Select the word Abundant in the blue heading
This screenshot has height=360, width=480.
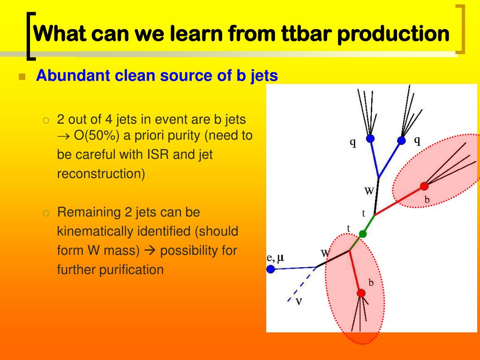point(73,75)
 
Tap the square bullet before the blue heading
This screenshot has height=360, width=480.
point(22,76)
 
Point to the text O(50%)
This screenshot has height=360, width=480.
point(97,135)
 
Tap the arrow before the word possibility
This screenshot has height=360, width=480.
point(150,251)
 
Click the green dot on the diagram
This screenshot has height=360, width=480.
point(362,234)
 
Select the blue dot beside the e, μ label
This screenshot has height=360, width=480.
point(270,269)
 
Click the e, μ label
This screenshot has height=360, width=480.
point(276,258)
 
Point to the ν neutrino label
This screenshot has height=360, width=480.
point(299,301)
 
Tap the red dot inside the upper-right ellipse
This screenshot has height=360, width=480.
point(424,186)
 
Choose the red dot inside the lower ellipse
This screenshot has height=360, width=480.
point(361,293)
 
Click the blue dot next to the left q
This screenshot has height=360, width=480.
point(370,138)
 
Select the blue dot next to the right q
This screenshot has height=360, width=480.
point(401,141)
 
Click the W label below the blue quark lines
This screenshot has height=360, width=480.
point(369,191)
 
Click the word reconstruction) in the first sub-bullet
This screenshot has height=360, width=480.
point(101,173)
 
